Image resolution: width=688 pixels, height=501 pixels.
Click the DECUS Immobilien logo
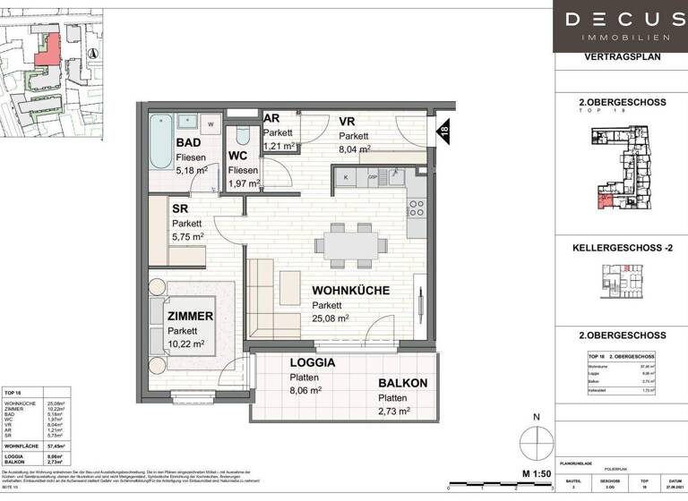click(621, 26)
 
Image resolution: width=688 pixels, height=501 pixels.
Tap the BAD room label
click(188, 143)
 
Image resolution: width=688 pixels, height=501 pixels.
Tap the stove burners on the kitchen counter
click(417, 208)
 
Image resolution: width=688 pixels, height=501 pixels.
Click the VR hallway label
click(348, 122)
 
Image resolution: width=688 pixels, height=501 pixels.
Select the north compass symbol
click(535, 441)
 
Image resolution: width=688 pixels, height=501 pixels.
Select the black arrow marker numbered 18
click(443, 133)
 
